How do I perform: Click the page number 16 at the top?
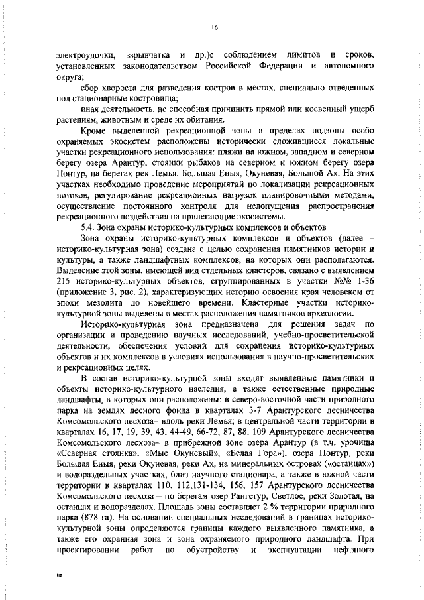click(x=214, y=27)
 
